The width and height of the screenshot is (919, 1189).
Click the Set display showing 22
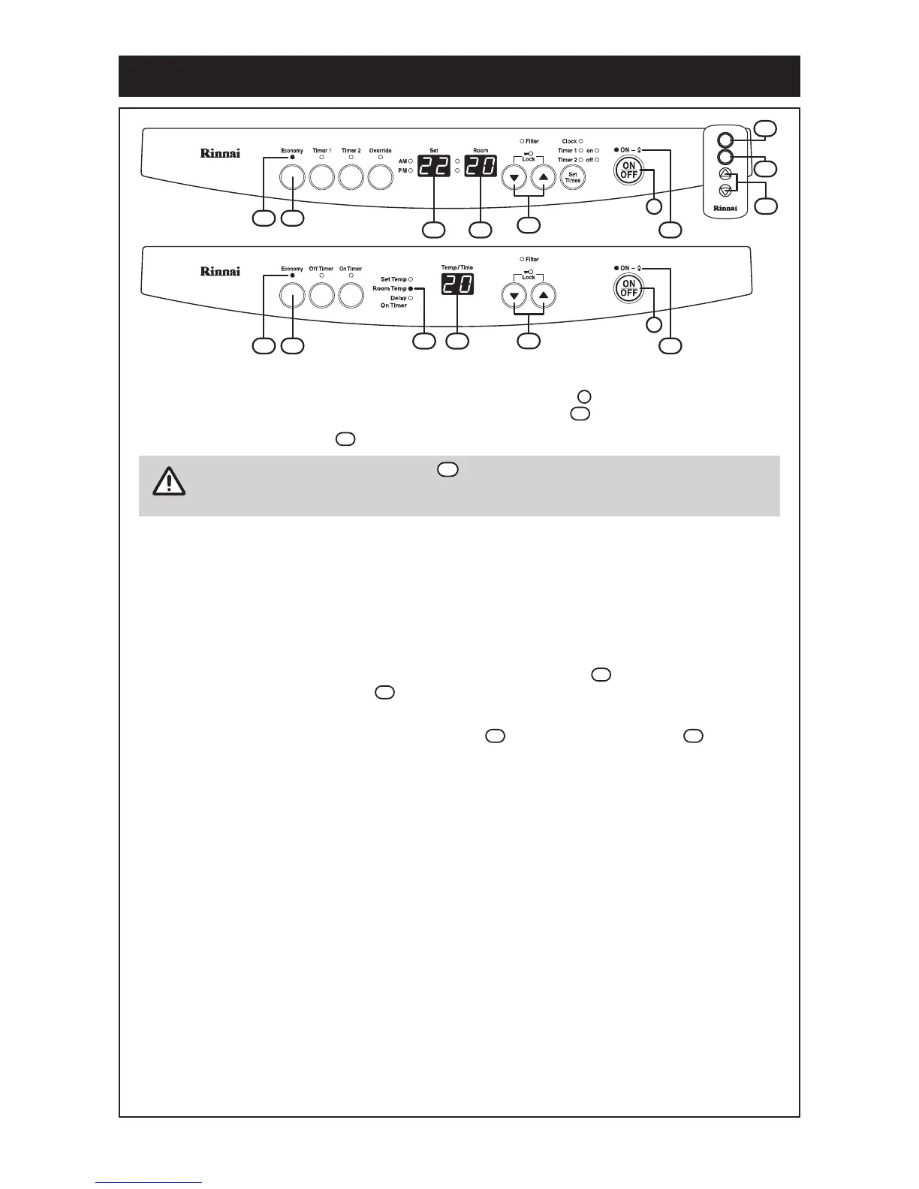tap(433, 167)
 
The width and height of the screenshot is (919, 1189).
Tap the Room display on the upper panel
tap(481, 167)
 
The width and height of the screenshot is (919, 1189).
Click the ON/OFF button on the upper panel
tap(628, 170)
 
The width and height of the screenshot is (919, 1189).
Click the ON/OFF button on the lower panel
tap(628, 288)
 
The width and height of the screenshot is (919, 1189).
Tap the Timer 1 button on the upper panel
tap(321, 177)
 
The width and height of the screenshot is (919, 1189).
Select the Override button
tap(381, 177)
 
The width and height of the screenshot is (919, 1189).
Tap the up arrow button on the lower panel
tap(544, 296)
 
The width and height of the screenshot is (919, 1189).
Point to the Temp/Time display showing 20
tap(456, 284)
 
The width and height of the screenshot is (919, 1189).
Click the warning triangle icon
tap(169, 480)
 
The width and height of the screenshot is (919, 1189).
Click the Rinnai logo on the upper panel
tap(220, 153)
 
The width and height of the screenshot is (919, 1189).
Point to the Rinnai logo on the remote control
tap(725, 208)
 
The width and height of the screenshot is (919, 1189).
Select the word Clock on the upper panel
tap(569, 141)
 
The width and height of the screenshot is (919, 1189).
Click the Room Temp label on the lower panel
tap(390, 289)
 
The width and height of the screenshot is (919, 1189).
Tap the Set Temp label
tap(393, 280)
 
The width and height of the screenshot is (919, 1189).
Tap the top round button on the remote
tap(725, 140)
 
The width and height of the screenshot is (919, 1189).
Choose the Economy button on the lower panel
tap(292, 295)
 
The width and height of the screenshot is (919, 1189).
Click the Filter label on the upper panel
tap(532, 141)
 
